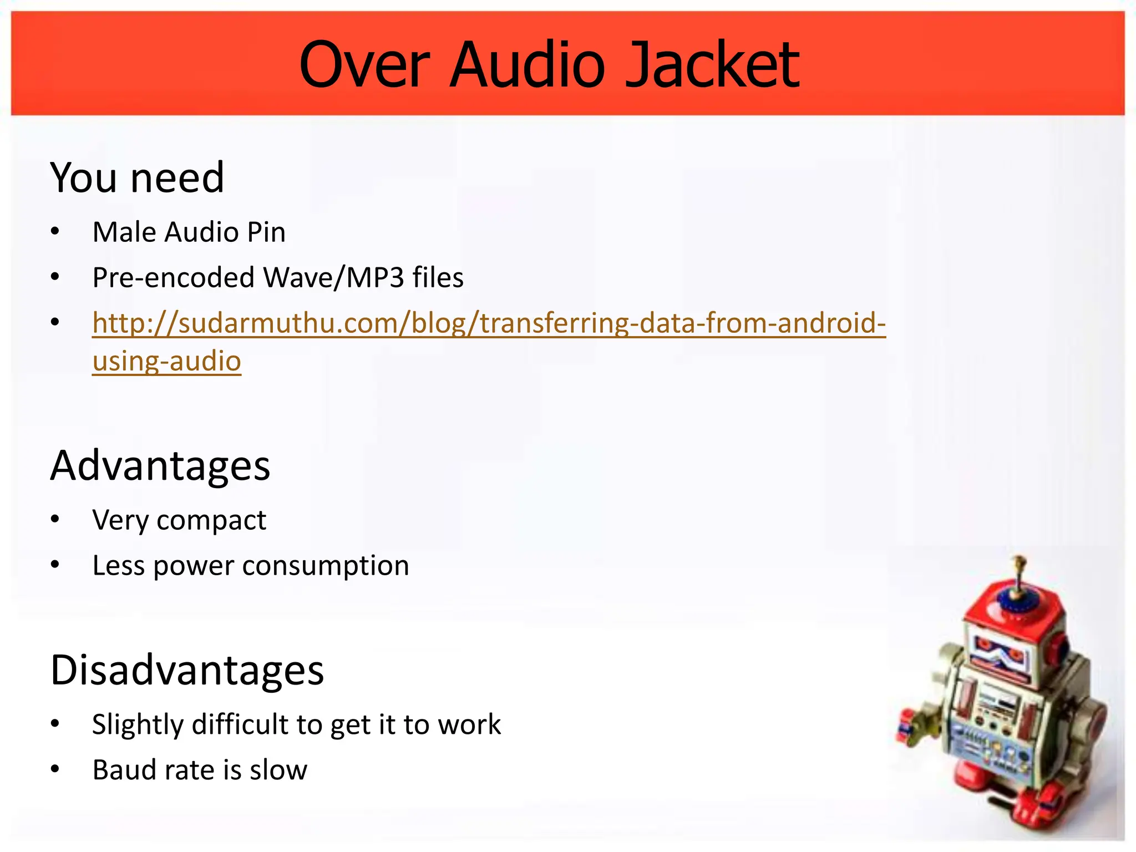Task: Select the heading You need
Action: [137, 177]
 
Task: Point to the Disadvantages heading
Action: [187, 670]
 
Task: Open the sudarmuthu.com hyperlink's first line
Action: [489, 323]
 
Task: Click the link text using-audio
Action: [166, 361]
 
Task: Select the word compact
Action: [211, 520]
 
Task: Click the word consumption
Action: [326, 566]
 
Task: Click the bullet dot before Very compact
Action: [54, 520]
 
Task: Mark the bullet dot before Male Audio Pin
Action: [54, 231]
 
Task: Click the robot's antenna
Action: [1018, 574]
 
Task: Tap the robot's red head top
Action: [1015, 610]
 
